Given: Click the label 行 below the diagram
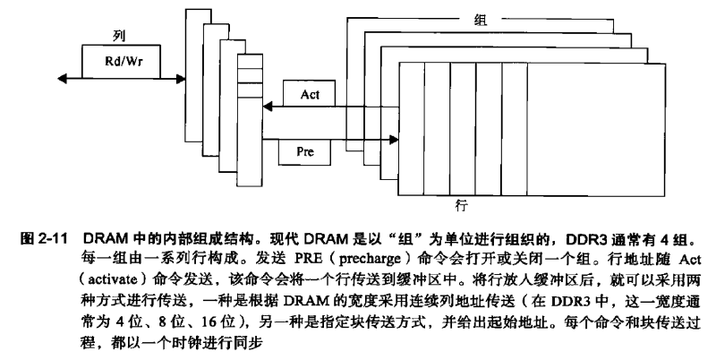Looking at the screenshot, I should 460,206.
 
